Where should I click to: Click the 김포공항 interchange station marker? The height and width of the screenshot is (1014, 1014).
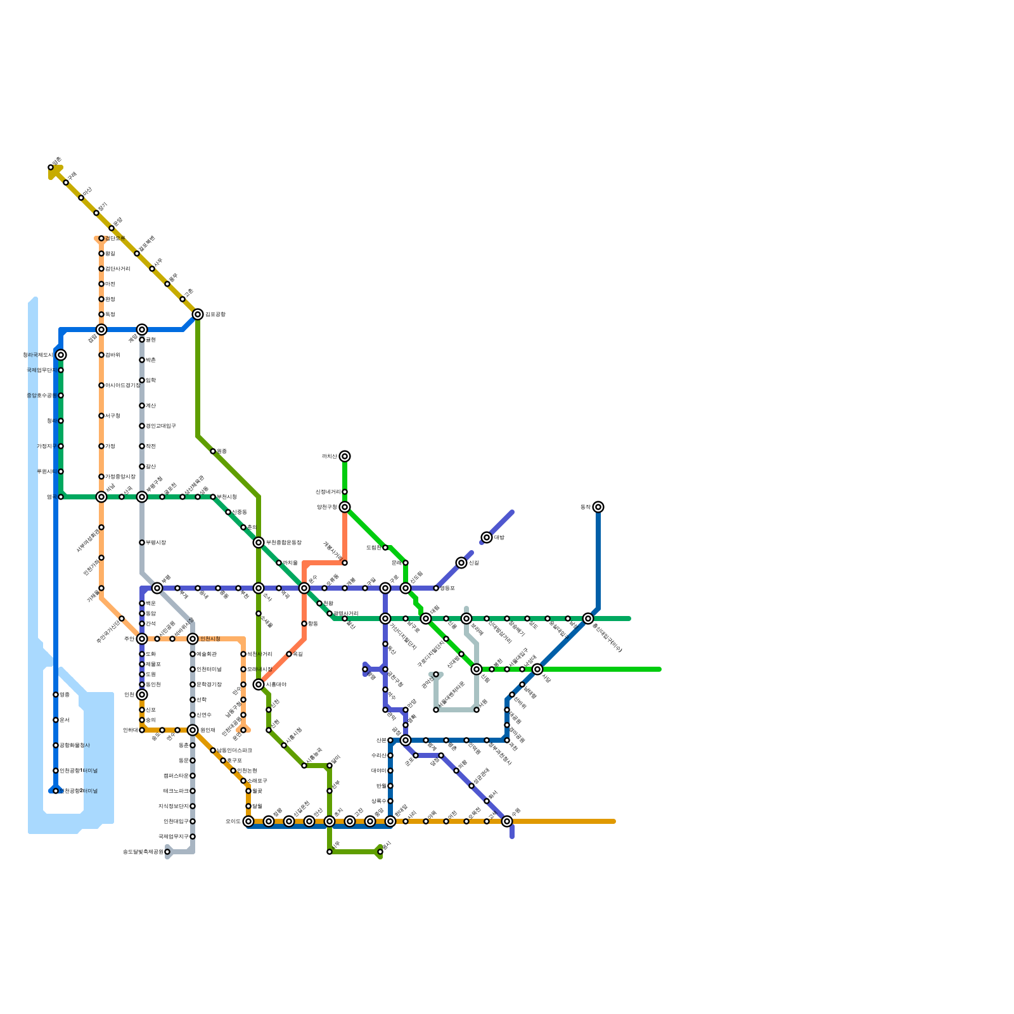(x=198, y=314)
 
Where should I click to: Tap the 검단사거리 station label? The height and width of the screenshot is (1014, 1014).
(x=118, y=269)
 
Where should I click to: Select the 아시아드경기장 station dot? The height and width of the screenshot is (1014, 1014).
(x=101, y=385)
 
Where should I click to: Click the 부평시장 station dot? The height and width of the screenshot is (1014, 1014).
(x=142, y=542)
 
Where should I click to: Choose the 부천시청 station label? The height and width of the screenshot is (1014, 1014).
(x=227, y=497)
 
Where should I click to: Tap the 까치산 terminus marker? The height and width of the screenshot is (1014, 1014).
(x=345, y=456)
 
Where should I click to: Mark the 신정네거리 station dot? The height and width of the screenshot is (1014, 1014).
(x=345, y=492)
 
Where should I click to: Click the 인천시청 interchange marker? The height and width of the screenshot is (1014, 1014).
(x=193, y=639)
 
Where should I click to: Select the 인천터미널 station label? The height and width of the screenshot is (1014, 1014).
(x=209, y=669)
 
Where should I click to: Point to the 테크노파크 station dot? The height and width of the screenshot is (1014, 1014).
(x=193, y=791)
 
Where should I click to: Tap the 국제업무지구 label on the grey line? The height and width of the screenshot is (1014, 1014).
(x=173, y=837)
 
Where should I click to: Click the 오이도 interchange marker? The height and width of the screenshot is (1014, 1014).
(x=248, y=821)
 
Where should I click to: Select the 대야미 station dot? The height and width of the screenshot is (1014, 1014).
(x=390, y=771)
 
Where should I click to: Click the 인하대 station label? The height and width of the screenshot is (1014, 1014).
(x=130, y=730)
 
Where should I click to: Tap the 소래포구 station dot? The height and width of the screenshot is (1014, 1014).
(x=243, y=781)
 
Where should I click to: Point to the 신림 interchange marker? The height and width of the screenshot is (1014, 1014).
(x=461, y=563)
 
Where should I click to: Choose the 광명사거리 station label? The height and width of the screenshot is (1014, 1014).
(x=346, y=613)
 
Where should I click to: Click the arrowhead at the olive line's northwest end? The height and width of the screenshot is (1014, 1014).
(x=53, y=171)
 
